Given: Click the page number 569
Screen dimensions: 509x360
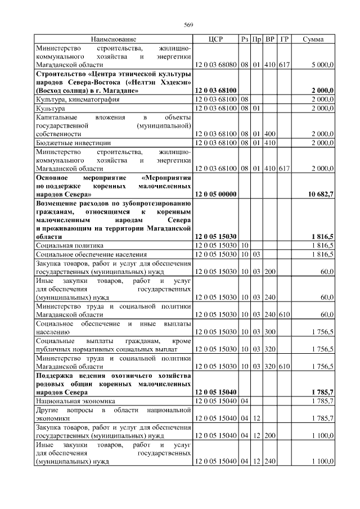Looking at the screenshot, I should click(188, 24).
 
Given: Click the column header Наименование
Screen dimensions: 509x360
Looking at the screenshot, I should click(114, 39).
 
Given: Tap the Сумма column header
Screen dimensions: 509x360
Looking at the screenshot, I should click(313, 39).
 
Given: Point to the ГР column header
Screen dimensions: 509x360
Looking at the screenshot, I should click(284, 39).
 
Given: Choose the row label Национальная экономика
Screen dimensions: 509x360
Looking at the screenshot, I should click(75, 401).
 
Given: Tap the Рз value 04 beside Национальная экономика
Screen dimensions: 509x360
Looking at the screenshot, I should click(244, 401).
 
